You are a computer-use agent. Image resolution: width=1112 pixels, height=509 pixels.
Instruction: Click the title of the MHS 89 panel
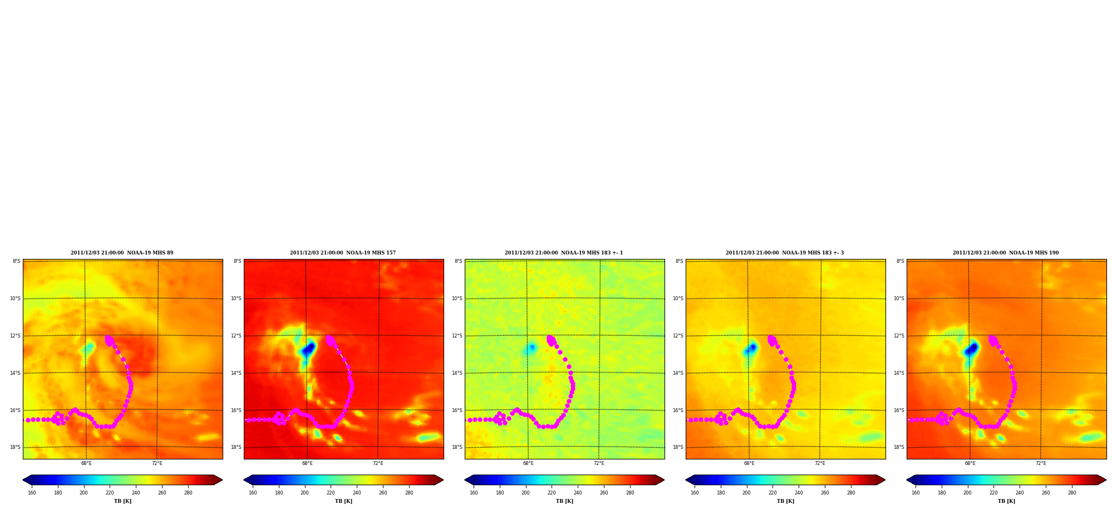coord(122,253)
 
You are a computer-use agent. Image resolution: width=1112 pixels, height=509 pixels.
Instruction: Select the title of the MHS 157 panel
coord(343,253)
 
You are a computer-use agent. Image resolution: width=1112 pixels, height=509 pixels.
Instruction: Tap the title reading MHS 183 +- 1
coord(564,253)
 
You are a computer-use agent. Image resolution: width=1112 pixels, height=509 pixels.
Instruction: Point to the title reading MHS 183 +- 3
coord(785,253)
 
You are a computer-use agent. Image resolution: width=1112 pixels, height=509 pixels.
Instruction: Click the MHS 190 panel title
coord(1006,253)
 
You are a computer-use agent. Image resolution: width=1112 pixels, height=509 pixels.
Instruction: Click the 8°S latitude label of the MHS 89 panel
coord(17,261)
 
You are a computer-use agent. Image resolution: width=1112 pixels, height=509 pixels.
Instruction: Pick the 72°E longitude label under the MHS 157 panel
coord(378,463)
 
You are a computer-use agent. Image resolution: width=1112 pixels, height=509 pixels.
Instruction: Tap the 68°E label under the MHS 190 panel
coord(970,463)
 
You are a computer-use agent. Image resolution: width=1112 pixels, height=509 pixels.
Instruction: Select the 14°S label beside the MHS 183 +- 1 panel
coord(457,373)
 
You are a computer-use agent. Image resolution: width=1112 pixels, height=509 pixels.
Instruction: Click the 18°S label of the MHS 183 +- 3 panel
coord(678,447)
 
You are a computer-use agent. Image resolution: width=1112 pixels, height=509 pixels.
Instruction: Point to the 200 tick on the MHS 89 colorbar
coord(83,493)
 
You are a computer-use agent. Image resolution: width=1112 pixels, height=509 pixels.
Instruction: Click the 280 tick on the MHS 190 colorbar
coord(1072,493)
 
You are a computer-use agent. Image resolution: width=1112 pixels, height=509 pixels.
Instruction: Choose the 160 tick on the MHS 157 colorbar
coord(253,493)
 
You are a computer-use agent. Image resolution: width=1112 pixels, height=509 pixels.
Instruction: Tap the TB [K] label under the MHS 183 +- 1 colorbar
coord(564,501)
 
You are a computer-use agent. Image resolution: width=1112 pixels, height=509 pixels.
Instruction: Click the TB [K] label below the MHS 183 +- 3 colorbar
coord(785,501)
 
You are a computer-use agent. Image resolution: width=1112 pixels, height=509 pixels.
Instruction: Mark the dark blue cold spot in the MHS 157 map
coord(308,350)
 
